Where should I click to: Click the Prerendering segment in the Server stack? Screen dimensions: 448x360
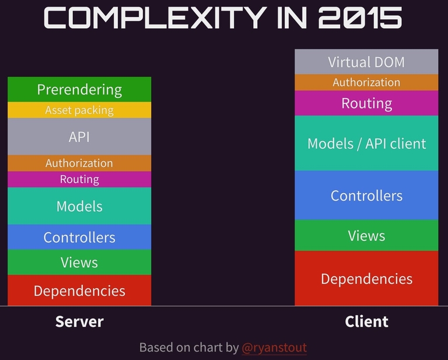79,89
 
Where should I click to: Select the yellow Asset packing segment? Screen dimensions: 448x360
79,110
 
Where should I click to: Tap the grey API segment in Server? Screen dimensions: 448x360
79,137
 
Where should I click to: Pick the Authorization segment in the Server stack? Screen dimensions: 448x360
79,163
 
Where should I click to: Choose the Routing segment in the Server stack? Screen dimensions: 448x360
79,180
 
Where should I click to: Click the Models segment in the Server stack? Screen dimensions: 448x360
79,206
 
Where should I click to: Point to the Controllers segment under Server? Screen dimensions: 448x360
79,237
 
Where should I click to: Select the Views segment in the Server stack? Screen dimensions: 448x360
79,263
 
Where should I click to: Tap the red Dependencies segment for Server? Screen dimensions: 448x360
79,291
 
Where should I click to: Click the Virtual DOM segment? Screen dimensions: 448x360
366,62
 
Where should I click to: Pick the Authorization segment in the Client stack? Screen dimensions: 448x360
366,83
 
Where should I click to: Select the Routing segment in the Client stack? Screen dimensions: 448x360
366,103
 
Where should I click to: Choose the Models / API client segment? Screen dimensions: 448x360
366,143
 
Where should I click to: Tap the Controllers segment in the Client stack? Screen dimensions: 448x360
366,195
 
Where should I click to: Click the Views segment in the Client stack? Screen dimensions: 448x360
366,235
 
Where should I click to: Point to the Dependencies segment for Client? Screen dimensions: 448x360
366,278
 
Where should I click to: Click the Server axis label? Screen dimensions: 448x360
79,321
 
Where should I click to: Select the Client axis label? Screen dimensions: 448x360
366,321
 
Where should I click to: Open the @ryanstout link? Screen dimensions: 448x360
274,348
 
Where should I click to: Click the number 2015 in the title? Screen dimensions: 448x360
360,18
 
